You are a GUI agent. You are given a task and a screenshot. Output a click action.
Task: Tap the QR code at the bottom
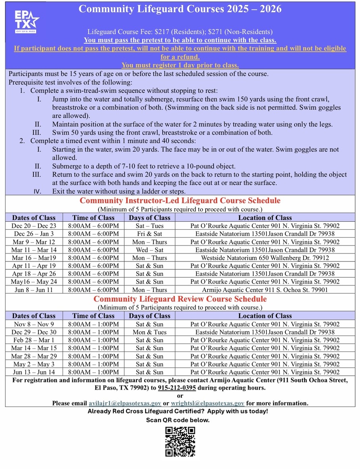(x=180, y=441)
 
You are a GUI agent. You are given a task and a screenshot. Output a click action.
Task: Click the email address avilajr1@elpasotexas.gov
(x=125, y=403)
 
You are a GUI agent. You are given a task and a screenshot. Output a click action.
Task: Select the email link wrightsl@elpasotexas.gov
(x=208, y=403)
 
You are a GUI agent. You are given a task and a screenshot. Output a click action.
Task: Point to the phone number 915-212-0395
(x=177, y=388)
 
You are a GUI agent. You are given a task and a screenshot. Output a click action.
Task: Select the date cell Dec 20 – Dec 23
(x=34, y=226)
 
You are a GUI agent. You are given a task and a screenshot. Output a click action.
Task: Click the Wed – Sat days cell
(x=150, y=250)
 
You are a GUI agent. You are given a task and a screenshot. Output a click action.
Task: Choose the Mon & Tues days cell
(x=150, y=332)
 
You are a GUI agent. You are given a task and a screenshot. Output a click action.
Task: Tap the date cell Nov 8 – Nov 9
(x=34, y=324)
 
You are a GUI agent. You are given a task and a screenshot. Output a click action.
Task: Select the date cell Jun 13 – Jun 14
(x=34, y=372)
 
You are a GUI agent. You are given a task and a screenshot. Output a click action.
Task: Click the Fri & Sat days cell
(x=150, y=234)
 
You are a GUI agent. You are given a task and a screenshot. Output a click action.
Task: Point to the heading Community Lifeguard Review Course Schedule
(x=180, y=299)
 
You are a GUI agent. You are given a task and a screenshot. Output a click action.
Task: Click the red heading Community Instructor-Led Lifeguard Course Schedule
(x=180, y=200)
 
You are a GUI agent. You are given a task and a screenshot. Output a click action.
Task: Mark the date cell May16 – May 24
(x=34, y=282)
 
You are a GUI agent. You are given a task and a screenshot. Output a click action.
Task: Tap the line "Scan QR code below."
(x=178, y=420)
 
